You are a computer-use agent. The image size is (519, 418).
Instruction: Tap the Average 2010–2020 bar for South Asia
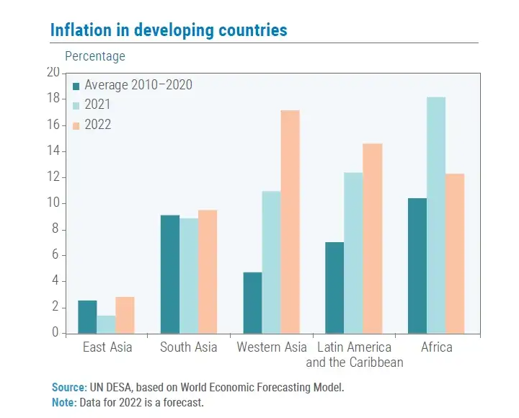169,274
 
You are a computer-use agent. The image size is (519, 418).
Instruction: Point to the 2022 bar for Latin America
372,238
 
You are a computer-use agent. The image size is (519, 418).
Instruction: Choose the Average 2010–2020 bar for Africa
417,265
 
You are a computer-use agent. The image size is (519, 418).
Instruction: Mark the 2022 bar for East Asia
125,315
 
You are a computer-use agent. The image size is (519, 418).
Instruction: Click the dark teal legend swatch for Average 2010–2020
76,86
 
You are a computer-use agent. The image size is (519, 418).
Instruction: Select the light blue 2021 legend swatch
76,105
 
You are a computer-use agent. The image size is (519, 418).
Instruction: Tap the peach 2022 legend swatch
76,125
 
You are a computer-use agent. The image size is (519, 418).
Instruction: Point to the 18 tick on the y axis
53,99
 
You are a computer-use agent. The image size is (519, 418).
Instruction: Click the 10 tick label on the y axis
53,203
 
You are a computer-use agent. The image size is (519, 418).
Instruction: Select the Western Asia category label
272,347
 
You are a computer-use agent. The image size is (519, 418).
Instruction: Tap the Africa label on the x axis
436,347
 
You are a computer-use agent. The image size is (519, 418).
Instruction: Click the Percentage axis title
94,56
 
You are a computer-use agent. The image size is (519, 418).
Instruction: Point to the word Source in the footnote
68,388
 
